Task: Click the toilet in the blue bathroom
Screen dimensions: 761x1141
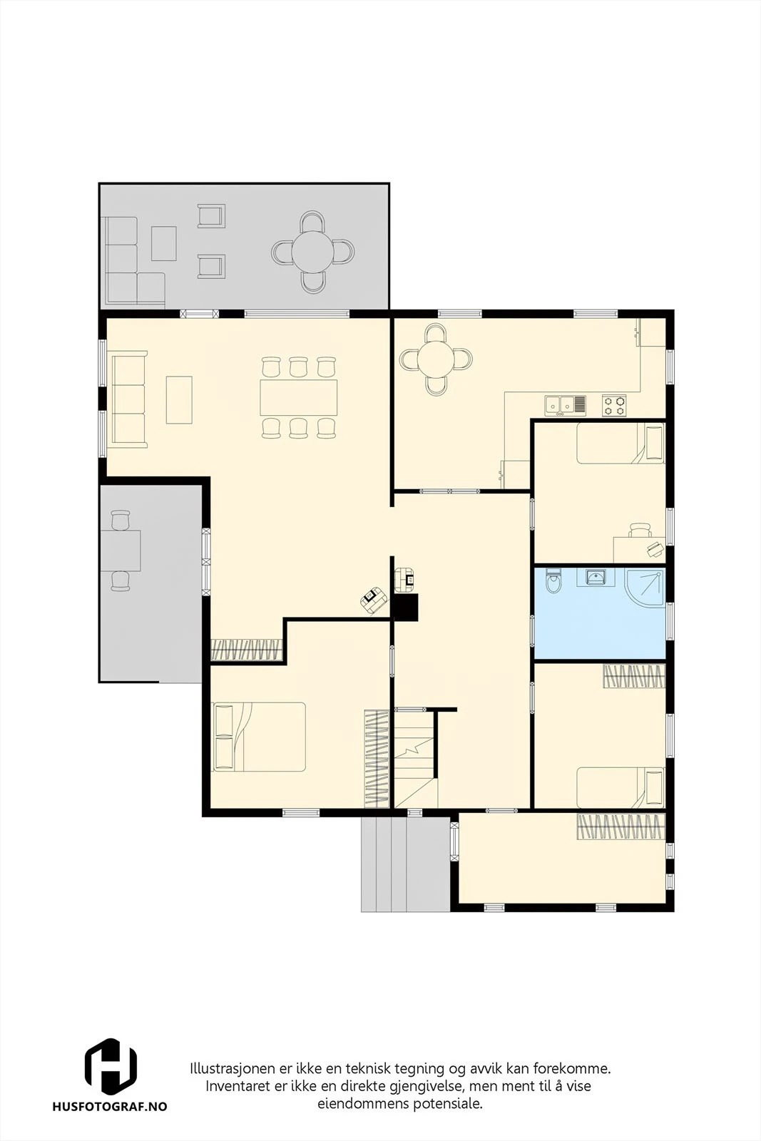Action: (553, 582)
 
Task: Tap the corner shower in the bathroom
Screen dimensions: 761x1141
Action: (645, 588)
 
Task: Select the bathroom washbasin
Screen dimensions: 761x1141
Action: (595, 577)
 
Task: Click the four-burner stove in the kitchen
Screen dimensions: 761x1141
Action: (614, 406)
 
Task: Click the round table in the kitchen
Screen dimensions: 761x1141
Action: (436, 359)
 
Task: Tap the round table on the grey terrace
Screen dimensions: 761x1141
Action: (313, 252)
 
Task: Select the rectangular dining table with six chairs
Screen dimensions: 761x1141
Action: (299, 397)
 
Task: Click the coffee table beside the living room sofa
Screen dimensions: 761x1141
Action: (179, 400)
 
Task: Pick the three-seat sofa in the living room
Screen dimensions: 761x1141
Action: (129, 399)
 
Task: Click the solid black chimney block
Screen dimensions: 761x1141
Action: (406, 607)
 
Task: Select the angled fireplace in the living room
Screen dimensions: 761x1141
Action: (374, 600)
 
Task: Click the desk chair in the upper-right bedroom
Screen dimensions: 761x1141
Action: (640, 530)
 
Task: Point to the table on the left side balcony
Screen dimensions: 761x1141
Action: (121, 551)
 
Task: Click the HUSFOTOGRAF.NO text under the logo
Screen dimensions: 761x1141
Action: (110, 1106)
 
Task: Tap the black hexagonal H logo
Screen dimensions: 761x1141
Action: (111, 1065)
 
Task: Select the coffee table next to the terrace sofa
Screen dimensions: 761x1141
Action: (164, 243)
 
